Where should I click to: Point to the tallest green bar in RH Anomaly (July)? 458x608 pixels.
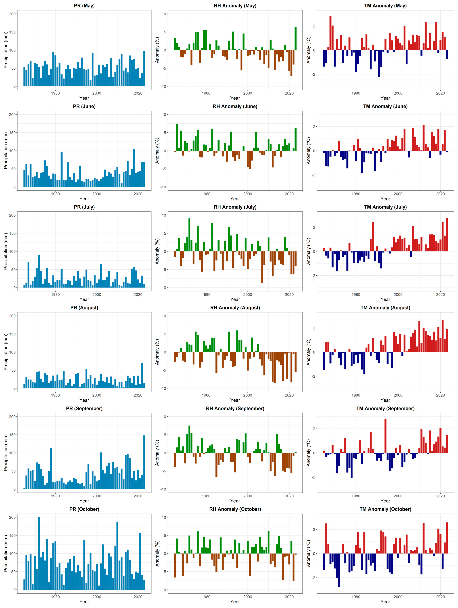189,235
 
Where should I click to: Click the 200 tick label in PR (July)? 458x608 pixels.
12,215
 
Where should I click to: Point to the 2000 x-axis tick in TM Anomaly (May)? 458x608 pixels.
398,93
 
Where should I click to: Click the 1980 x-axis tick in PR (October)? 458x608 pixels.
55,597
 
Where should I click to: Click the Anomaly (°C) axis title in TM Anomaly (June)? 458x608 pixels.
308,151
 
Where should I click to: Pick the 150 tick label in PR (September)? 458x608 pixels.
12,435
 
